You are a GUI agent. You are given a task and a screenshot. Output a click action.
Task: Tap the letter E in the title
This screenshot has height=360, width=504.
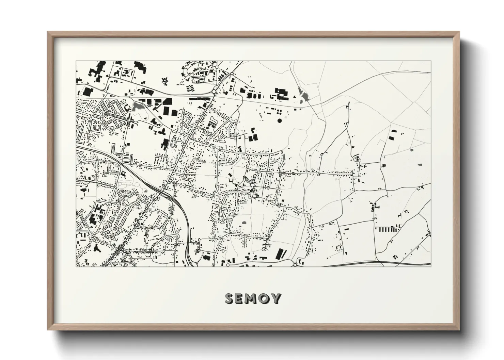[241, 299]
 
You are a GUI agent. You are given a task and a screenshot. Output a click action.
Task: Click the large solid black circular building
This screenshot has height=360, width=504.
[280, 120]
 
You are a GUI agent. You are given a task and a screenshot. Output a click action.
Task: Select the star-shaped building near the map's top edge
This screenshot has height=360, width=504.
[166, 81]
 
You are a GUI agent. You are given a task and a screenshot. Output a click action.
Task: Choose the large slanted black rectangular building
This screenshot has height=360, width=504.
[280, 253]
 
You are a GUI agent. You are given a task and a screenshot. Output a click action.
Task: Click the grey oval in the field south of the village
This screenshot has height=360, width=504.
[244, 222]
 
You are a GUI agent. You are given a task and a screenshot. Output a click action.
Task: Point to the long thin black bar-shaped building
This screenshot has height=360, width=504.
[200, 98]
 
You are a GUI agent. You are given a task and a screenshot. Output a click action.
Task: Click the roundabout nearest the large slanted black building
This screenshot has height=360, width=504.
[295, 264]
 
